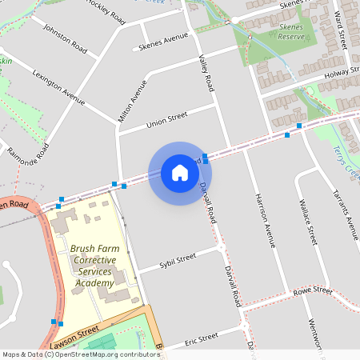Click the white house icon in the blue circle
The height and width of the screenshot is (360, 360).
180,173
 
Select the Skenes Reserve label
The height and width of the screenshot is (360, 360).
290,32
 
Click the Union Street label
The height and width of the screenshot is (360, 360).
166,120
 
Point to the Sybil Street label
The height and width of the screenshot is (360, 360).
178,260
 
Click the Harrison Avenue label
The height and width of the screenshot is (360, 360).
265,219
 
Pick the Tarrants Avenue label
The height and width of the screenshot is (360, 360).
346,214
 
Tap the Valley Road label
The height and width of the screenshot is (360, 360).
206,71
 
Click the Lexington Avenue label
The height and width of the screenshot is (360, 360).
58,86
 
